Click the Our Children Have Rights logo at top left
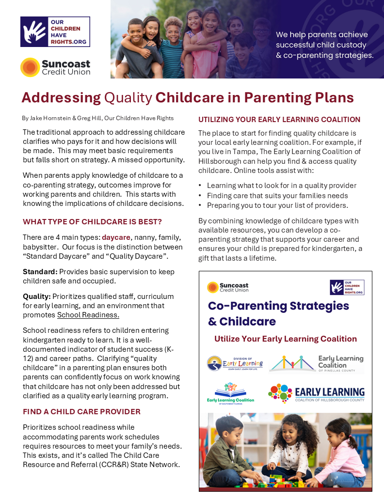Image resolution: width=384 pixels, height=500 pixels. pyautogui.click(x=55, y=32)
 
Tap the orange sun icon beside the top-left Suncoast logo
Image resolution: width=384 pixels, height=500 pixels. pyautogui.click(x=30, y=67)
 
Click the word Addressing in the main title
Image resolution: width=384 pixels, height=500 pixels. pyautogui.click(x=61, y=97)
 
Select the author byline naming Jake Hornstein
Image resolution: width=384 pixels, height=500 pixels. pyautogui.click(x=97, y=118)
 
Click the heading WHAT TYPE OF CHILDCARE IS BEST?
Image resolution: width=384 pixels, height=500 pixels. pyautogui.click(x=92, y=222)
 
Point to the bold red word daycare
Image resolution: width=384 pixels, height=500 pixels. pyautogui.click(x=116, y=237)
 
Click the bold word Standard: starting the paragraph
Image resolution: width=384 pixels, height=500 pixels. pyautogui.click(x=40, y=272)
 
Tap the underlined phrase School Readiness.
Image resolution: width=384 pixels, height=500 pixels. pyautogui.click(x=88, y=315)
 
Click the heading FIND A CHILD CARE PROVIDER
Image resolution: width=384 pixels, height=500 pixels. pyautogui.click(x=81, y=412)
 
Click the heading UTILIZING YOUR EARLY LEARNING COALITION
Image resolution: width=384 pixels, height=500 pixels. pyautogui.click(x=279, y=119)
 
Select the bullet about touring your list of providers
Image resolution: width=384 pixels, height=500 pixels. pyautogui.click(x=277, y=205)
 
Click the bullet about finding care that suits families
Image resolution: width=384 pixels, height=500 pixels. pyautogui.click(x=277, y=195)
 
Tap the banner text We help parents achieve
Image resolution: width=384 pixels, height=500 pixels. pyautogui.click(x=322, y=35)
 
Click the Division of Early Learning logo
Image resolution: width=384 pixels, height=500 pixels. pyautogui.click(x=235, y=363)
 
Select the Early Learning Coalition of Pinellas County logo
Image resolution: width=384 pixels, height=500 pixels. pyautogui.click(x=316, y=363)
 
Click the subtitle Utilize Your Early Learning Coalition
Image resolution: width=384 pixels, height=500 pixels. pyautogui.click(x=286, y=339)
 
